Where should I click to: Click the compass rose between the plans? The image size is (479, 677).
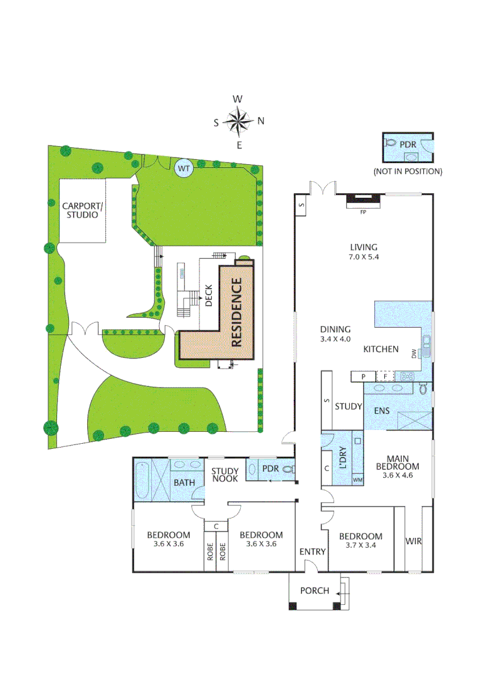pos(238,122)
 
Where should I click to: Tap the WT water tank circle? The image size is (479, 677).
pos(184,168)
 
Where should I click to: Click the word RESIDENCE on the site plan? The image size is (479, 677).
pos(237,312)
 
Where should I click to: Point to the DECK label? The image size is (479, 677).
pos(209,296)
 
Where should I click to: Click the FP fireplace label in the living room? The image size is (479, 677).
pos(362,213)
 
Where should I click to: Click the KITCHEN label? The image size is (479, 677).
pos(381,349)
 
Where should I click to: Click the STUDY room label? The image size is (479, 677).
pos(349,406)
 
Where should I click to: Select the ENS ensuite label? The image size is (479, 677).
pos(382,411)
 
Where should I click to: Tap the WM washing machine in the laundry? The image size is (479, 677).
pos(358,480)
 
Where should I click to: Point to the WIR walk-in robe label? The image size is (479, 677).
pos(413,541)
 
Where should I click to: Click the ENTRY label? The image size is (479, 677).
pos(312,551)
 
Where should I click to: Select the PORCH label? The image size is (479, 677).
pos(314,590)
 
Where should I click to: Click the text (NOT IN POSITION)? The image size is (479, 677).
pos(408,171)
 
